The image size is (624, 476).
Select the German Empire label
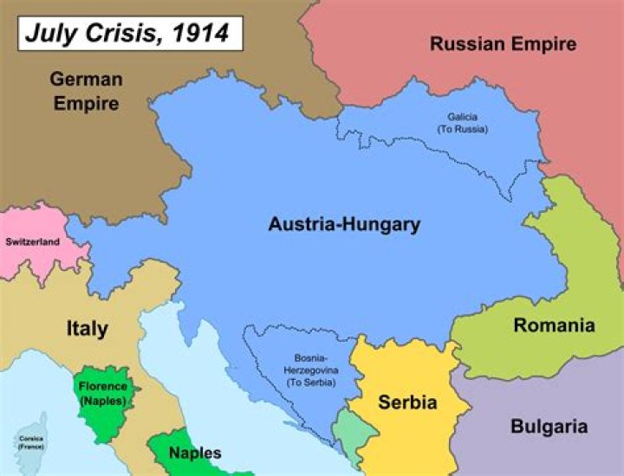click(86, 91)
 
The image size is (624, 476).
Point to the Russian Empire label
click(503, 43)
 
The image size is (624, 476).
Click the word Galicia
click(462, 117)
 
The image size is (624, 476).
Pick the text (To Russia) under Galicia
click(462, 129)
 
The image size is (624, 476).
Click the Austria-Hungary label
click(344, 224)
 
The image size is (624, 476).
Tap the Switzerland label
click(33, 241)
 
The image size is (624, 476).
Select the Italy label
click(88, 328)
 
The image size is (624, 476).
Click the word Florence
click(103, 386)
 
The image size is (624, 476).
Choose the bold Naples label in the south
click(194, 453)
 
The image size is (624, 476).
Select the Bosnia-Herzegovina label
click(312, 363)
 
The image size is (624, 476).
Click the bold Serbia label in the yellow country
click(407, 402)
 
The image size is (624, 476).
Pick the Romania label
click(554, 325)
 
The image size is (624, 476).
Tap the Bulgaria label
click(549, 426)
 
